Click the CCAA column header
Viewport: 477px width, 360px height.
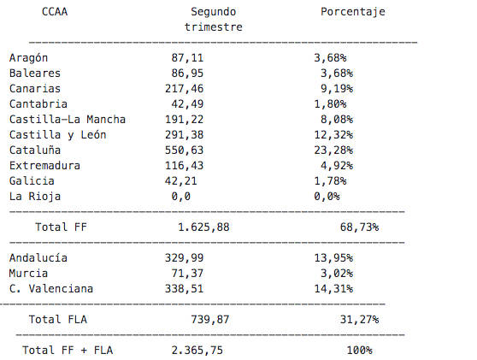pos(55,12)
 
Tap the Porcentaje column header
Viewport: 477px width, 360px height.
pos(353,13)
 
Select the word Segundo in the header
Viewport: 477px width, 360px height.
pos(213,13)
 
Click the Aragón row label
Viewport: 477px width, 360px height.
pos(28,58)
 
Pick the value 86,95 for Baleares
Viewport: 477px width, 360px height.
pos(187,74)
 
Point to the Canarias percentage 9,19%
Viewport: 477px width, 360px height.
pos(337,89)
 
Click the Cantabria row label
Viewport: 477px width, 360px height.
pos(38,104)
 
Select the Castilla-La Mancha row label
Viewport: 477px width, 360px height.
pos(68,120)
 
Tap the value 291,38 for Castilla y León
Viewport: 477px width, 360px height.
pos(185,135)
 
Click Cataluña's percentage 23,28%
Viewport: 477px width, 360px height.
pos(333,150)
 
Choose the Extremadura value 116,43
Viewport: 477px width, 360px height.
pos(185,166)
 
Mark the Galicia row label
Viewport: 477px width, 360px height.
pos(32,181)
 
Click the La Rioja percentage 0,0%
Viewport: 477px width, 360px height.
pos(327,197)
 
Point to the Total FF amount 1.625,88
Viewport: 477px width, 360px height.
pos(203,227)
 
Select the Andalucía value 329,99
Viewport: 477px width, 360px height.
pos(185,258)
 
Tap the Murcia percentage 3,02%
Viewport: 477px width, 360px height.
pos(337,274)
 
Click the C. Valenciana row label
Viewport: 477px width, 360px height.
pos(51,289)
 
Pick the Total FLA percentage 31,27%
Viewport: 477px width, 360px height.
pos(360,320)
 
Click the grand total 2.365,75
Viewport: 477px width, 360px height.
pos(197,351)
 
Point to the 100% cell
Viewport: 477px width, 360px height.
pos(360,351)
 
